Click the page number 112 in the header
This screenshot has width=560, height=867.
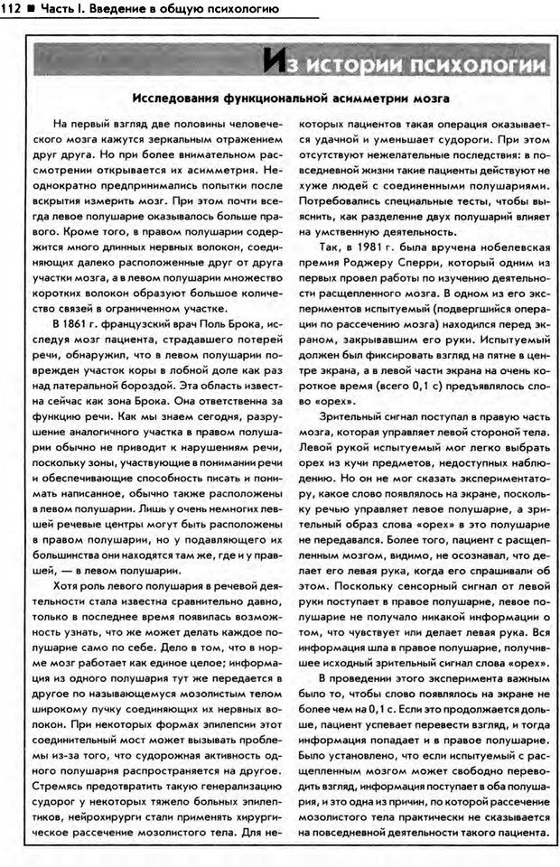[x=12, y=9]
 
